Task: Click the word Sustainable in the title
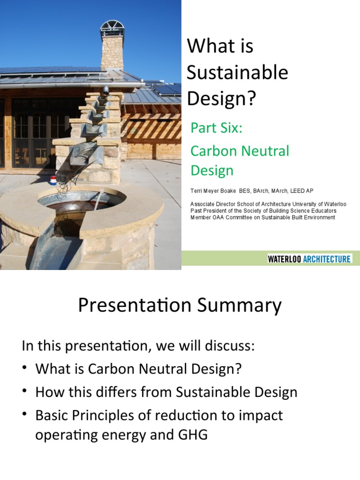click(x=237, y=73)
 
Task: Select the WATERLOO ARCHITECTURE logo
click(x=309, y=259)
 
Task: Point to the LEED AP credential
click(x=303, y=191)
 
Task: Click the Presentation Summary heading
click(x=180, y=306)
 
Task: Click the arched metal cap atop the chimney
click(x=112, y=27)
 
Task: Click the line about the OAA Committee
click(x=262, y=217)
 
